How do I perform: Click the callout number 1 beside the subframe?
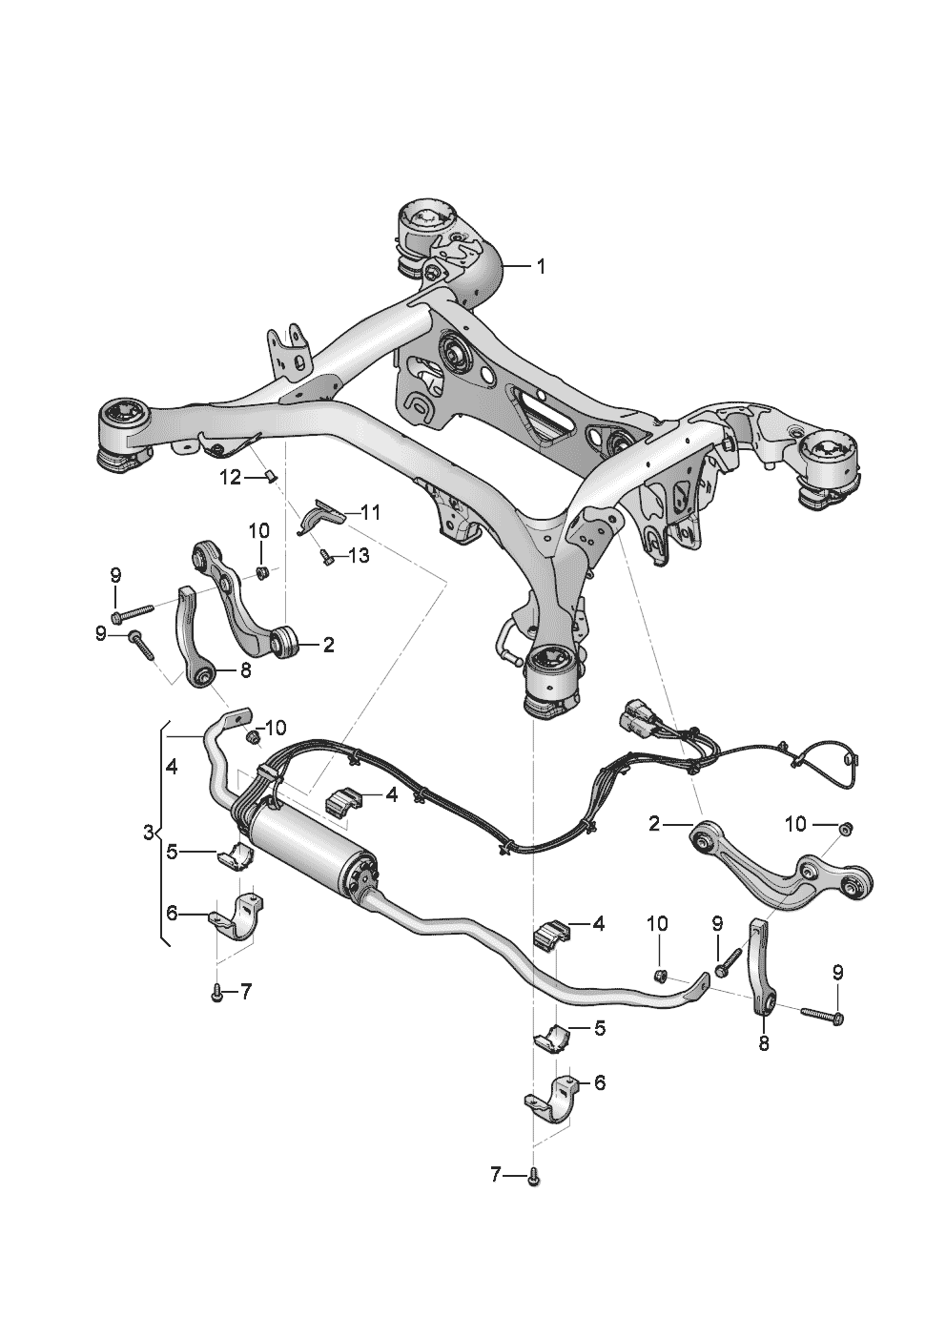point(541,268)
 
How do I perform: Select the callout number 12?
point(232,478)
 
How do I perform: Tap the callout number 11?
point(370,512)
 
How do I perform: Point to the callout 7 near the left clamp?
point(245,992)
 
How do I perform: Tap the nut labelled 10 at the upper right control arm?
point(844,828)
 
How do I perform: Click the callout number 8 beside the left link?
point(245,671)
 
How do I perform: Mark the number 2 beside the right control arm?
point(654,823)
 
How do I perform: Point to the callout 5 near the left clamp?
point(172,852)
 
